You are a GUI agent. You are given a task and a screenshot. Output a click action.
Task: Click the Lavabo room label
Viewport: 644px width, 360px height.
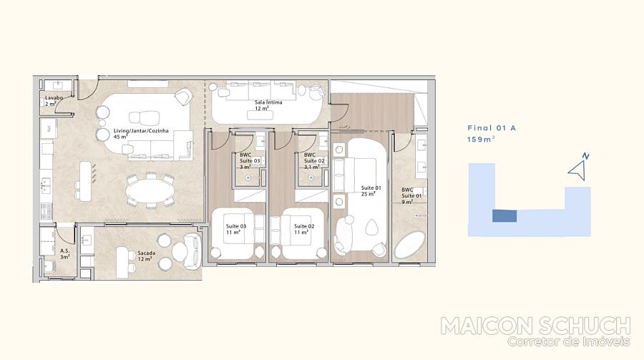pos(54,98)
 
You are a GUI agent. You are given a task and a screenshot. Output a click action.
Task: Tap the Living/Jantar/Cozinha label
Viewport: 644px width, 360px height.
pos(141,131)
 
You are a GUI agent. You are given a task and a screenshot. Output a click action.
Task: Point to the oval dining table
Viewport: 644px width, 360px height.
pos(150,190)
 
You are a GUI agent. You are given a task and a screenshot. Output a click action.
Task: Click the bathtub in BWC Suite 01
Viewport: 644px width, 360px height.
pos(410,245)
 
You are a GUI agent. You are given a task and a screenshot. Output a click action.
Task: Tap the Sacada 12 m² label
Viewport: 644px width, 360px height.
pos(146,256)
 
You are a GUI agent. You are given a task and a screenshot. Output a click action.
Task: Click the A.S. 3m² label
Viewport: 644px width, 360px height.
pos(65,253)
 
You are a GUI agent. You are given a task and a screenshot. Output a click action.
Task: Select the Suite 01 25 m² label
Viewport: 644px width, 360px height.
pos(371,190)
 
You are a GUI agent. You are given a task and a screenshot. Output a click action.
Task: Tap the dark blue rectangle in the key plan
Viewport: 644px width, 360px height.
pos(504,215)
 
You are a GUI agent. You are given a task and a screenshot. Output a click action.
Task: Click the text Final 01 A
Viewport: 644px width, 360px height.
pos(491,128)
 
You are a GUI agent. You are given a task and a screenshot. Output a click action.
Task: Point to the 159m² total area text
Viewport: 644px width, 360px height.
pos(481,140)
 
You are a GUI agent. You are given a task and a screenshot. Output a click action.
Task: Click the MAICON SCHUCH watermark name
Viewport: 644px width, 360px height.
pos(535,326)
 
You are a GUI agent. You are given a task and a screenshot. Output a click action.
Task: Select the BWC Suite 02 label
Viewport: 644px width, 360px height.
pos(314,161)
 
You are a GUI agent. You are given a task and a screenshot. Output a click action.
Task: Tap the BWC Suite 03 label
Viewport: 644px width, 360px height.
pos(250,161)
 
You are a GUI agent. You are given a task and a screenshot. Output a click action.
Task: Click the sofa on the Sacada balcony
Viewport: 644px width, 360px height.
pos(191,251)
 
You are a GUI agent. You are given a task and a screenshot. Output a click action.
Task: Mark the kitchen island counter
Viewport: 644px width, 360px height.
pos(85,181)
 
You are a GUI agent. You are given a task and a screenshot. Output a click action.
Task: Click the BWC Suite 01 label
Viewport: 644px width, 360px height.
pos(411,196)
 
